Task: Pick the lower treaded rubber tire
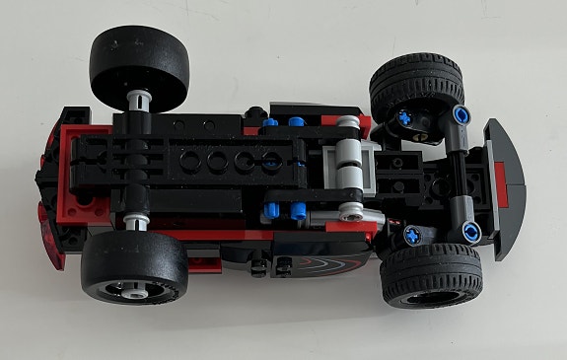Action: (431, 275)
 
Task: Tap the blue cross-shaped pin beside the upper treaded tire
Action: (404, 118)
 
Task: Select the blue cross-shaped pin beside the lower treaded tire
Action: (410, 235)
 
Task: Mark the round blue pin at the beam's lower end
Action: (472, 232)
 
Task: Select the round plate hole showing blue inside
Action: (269, 161)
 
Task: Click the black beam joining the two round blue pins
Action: (464, 174)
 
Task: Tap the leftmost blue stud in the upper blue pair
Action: (270, 123)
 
